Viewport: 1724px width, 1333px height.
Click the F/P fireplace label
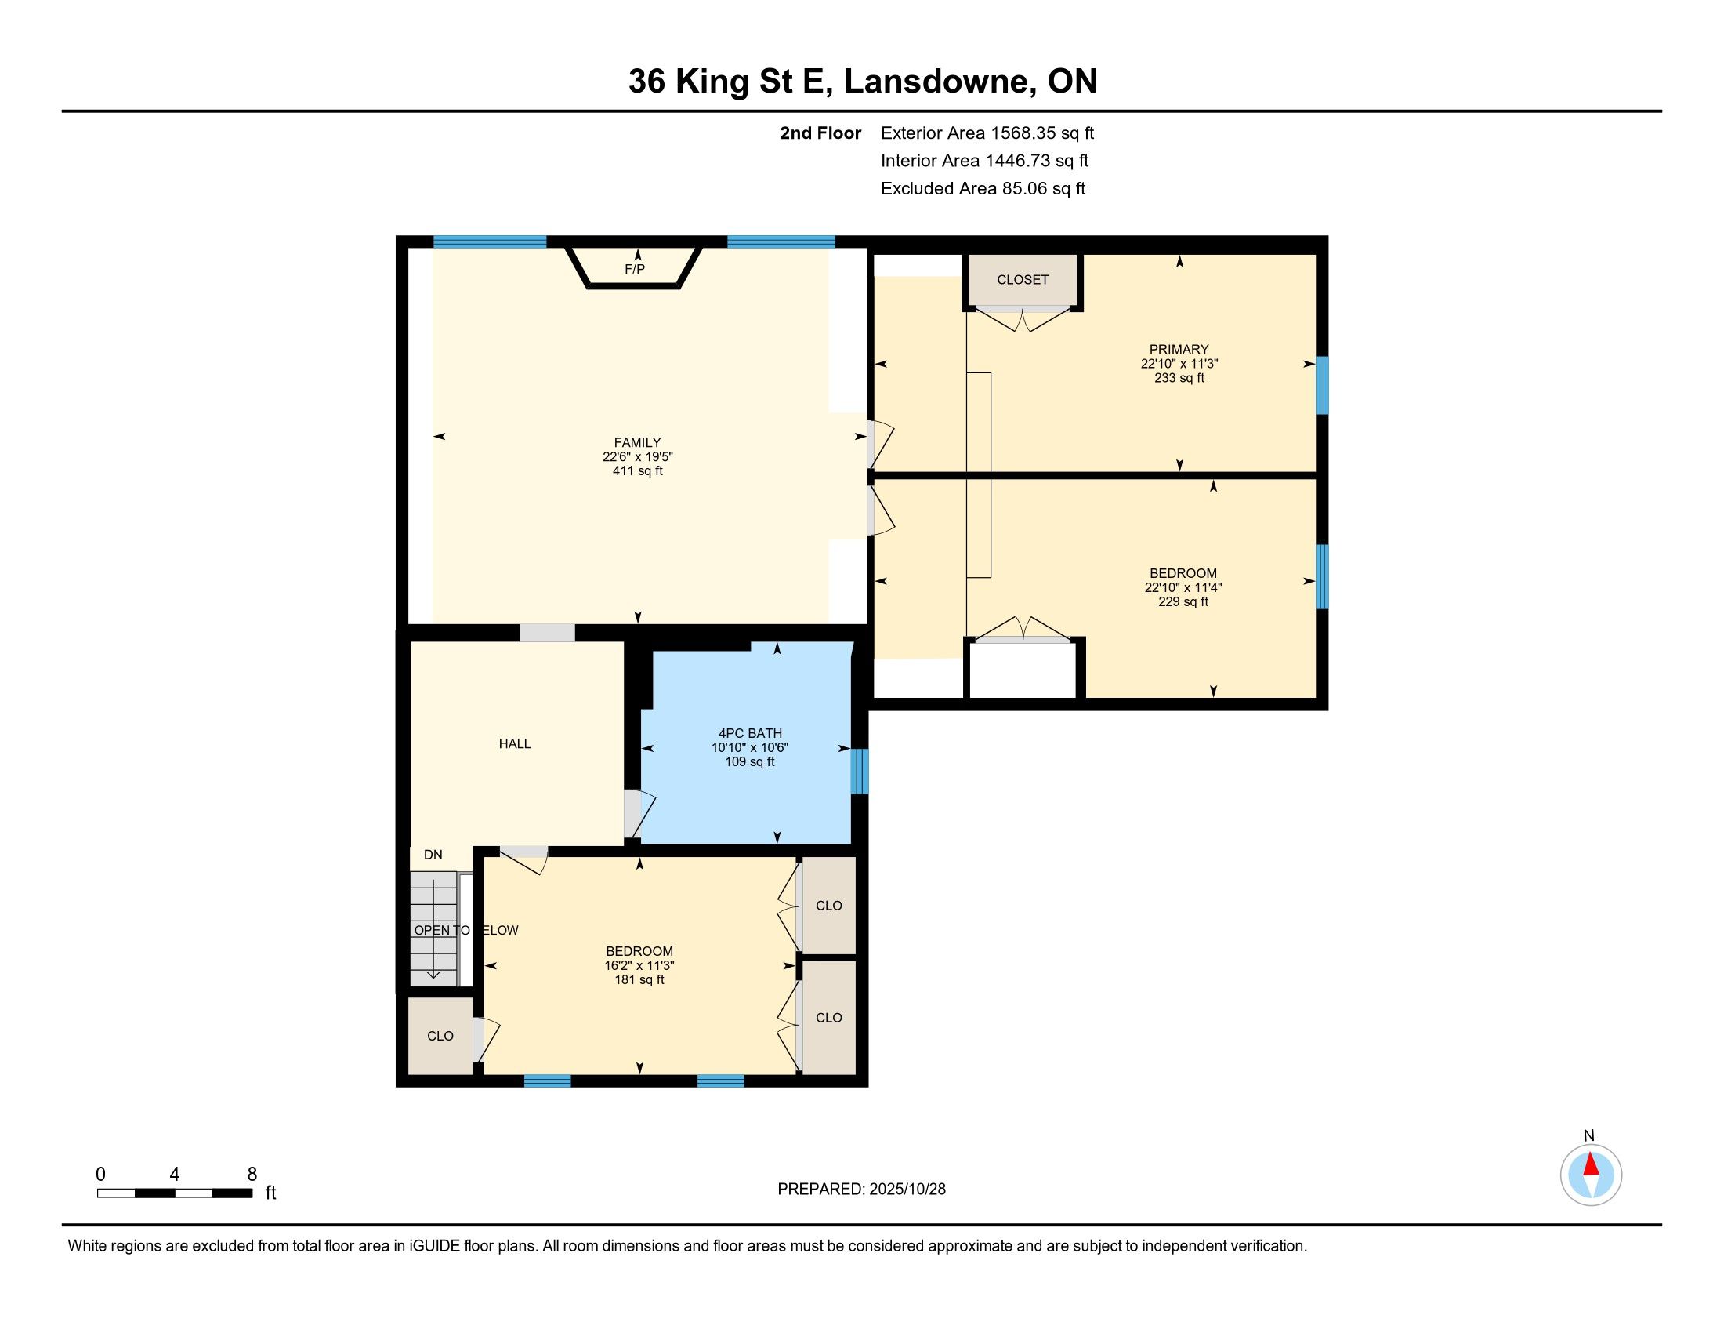[635, 269]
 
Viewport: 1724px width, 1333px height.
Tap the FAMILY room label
[637, 443]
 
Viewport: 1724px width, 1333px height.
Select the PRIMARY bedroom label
[1179, 350]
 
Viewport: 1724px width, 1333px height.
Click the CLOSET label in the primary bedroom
[1022, 280]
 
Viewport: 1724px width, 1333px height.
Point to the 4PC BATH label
[750, 734]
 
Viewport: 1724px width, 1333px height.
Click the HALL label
[515, 744]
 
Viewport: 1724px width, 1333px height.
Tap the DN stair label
[433, 855]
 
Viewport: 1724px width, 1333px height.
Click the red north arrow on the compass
[1591, 1164]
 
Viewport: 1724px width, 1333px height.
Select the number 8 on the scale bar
[252, 1175]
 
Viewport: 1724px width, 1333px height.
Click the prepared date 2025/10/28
[906, 1190]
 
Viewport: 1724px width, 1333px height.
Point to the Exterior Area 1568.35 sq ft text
[987, 133]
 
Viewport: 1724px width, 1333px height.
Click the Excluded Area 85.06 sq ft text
[983, 188]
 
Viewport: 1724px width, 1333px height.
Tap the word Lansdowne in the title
[940, 82]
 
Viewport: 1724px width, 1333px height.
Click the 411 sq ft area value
[637, 471]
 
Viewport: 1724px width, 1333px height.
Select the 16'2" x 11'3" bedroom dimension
[639, 966]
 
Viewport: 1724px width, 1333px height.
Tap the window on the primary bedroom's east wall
[1321, 385]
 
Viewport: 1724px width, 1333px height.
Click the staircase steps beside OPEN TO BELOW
[433, 928]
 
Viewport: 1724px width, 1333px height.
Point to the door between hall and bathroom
[639, 814]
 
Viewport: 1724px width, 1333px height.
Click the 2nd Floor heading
[820, 133]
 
